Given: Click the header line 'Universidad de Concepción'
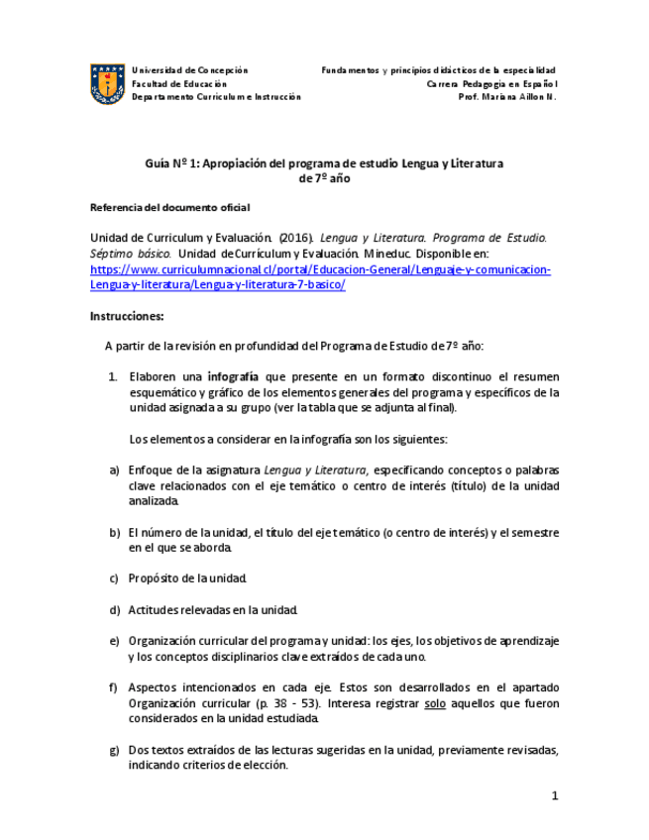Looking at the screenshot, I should point(189,70).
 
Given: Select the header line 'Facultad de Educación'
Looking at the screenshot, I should point(178,84).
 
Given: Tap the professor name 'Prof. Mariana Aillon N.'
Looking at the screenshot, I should point(507,97).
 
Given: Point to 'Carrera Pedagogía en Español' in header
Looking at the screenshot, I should point(492,84).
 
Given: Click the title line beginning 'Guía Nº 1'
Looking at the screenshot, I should point(324,162).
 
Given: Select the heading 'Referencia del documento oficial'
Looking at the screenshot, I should point(169,207).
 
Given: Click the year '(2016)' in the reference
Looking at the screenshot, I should point(297,239).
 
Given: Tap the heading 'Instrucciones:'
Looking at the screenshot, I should point(127,317).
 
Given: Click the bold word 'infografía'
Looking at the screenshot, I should point(233,376).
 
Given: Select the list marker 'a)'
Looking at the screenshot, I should point(115,470).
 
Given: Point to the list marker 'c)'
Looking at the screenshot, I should point(115,577).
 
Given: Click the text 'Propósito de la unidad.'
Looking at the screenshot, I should point(187,577).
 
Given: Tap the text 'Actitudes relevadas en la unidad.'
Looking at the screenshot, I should point(212,609).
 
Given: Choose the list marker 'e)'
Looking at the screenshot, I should point(115,641).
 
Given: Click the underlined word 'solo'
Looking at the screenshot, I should point(434,703).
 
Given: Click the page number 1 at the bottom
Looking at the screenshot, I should point(555,795).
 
